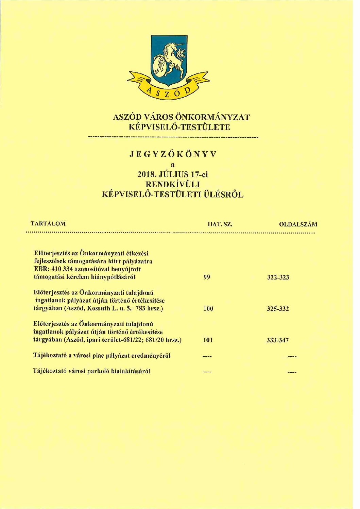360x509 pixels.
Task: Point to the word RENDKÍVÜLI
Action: point(172,185)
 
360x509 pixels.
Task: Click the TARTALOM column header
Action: point(48,224)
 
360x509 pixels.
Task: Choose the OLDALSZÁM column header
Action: point(298,224)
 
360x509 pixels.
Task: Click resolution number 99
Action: point(207,277)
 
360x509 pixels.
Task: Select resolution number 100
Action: point(208,309)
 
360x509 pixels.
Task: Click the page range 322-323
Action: point(278,277)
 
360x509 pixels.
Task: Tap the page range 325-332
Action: point(278,309)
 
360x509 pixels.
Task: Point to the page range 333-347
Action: point(278,340)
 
